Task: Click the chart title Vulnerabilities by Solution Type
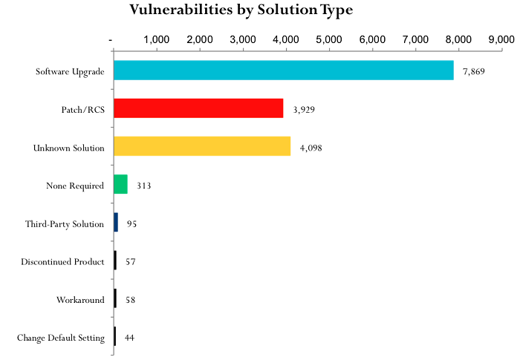(x=241, y=10)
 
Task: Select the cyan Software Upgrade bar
(x=283, y=71)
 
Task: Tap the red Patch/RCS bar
(x=198, y=108)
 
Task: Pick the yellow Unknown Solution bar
(x=201, y=146)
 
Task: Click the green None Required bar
(x=120, y=184)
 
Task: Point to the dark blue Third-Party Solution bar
(x=116, y=222)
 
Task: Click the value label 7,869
(x=473, y=71)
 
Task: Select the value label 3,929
(x=305, y=109)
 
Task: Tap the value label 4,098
(x=311, y=147)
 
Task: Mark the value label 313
(x=144, y=185)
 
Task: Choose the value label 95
(x=131, y=223)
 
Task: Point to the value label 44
(x=129, y=338)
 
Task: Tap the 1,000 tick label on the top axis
(x=155, y=39)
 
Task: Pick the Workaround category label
(x=80, y=300)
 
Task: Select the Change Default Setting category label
(x=61, y=338)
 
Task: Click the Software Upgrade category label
(x=70, y=71)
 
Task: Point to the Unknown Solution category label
(x=68, y=147)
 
